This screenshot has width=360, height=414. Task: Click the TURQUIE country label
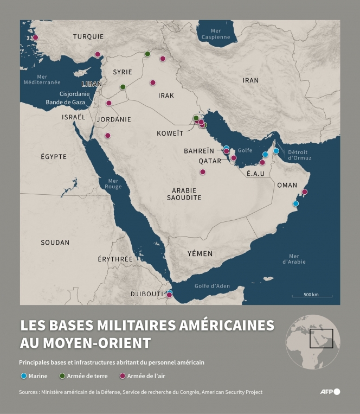tap(88, 36)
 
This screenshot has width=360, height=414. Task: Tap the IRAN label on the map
tap(250, 80)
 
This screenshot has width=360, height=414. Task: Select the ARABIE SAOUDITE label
tap(184, 194)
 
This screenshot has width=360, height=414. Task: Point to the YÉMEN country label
tap(200, 253)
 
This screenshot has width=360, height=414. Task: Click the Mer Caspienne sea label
tap(216, 34)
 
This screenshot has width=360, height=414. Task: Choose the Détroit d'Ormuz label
tap(299, 155)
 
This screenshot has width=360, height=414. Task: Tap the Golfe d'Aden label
tap(212, 286)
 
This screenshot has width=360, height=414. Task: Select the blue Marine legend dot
tap(23, 376)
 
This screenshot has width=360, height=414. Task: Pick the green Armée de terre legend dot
tap(62, 376)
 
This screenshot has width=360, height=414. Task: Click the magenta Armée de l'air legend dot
tap(123, 376)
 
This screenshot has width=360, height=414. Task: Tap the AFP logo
tap(330, 391)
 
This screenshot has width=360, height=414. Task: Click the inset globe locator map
tap(313, 342)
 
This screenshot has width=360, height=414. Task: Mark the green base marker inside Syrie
tap(123, 87)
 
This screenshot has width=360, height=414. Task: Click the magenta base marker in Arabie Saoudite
tap(203, 172)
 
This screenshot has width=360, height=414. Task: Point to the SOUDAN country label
tap(56, 243)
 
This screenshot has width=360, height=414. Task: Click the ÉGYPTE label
tap(54, 156)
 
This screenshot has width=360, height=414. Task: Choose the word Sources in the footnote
tap(31, 392)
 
